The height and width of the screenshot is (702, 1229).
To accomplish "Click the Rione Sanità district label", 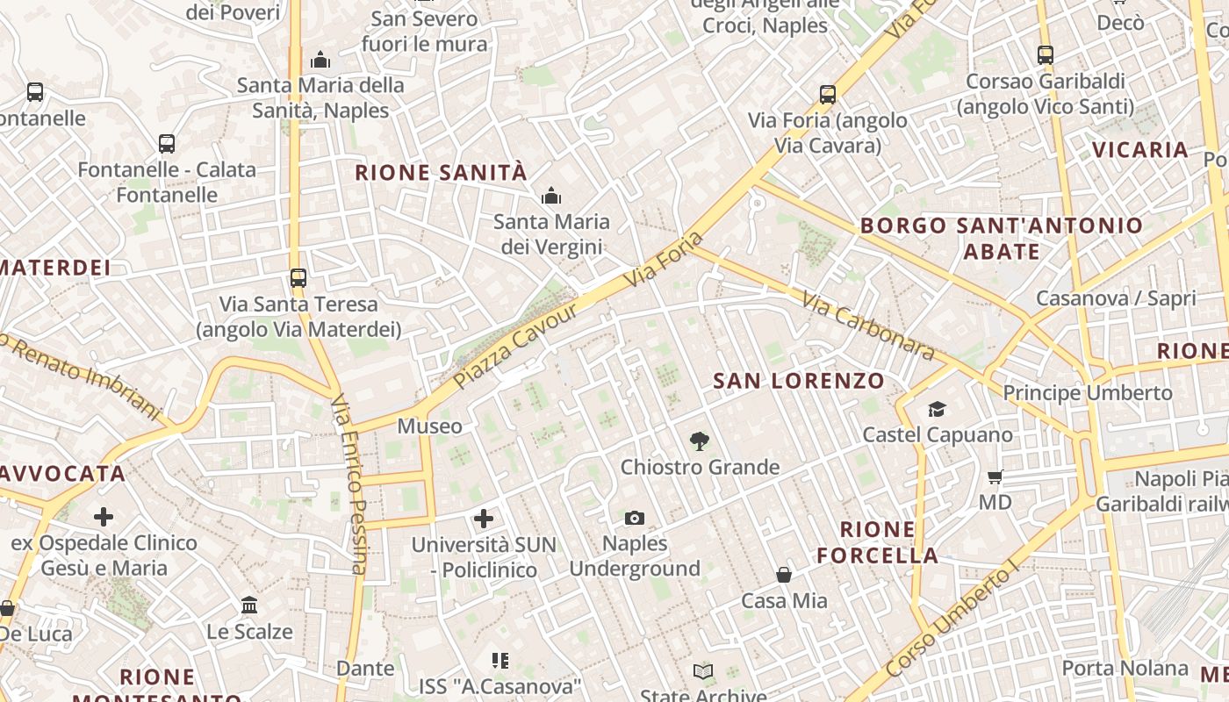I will pos(441,172).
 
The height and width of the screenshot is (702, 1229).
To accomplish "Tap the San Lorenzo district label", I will pos(798,381).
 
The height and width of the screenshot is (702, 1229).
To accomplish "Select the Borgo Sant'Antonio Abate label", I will pos(1002,238).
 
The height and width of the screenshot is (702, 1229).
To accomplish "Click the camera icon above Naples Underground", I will pos(635,519).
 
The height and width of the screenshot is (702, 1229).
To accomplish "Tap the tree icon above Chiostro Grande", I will pos(700,441).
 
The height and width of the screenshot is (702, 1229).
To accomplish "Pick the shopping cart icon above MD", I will pos(995,477).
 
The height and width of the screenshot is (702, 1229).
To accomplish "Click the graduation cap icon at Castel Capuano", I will pos(938,410).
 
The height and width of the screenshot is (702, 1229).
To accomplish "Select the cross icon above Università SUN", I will pos(484,519).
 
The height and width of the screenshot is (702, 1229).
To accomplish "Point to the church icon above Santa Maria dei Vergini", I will pos(551,196).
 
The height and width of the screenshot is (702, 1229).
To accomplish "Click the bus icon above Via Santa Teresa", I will pos(298,278).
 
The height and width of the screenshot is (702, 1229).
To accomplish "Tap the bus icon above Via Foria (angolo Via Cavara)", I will pos(827,95).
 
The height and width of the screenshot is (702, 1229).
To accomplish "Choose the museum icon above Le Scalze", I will pos(249,605).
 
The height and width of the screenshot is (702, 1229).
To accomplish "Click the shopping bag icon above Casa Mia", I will pos(784,576).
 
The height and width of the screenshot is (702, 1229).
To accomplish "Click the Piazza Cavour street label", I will pos(517,347).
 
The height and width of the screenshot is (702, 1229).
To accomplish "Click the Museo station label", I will pos(430,426).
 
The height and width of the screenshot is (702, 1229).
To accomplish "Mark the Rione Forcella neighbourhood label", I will pos(877,542).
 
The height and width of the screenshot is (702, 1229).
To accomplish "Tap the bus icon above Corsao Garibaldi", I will pos(1045,55).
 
